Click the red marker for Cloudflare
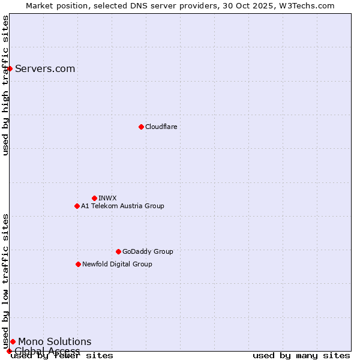pyautogui.click(x=141, y=127)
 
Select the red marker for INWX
pyautogui.click(x=94, y=198)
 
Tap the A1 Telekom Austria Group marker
pyautogui.click(x=77, y=206)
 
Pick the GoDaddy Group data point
pyautogui.click(x=118, y=251)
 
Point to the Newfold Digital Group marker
pyautogui.click(x=78, y=264)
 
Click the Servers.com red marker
pyautogui.click(x=10, y=68)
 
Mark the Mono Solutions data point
pyautogui.click(x=13, y=341)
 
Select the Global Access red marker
pyautogui.click(x=9, y=351)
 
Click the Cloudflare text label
pyautogui.click(x=161, y=127)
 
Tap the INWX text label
pyautogui.click(x=107, y=198)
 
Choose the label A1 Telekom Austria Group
pyautogui.click(x=122, y=206)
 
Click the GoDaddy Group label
pyautogui.click(x=148, y=251)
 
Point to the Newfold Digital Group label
pyautogui.click(x=117, y=264)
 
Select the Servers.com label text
pyautogui.click(x=45, y=68)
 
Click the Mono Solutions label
pyautogui.click(x=55, y=341)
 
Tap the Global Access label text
pyautogui.click(x=47, y=351)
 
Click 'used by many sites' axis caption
pyautogui.click(x=301, y=356)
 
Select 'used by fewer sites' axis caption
pyautogui.click(x=62, y=356)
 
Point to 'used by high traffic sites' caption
pyautogui.click(x=6, y=85)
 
